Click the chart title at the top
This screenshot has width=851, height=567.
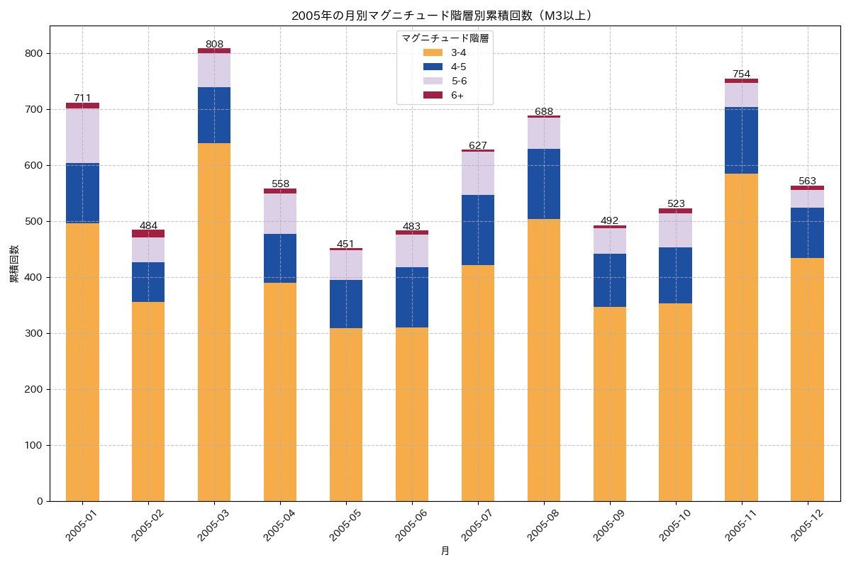(x=445, y=15)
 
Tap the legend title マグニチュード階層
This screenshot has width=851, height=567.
(x=445, y=38)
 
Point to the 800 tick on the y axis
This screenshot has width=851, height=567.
(x=35, y=54)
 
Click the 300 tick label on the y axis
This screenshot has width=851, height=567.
(x=35, y=334)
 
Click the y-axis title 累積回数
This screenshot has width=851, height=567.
(x=14, y=264)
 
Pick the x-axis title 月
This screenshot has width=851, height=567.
(x=445, y=551)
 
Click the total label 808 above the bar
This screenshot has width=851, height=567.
(x=214, y=44)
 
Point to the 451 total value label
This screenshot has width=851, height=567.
(x=345, y=244)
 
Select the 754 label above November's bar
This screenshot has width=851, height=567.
(x=741, y=74)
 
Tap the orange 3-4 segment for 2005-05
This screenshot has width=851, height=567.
(x=346, y=415)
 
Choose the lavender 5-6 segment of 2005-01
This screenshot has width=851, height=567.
(x=82, y=135)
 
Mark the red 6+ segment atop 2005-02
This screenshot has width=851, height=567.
(x=148, y=233)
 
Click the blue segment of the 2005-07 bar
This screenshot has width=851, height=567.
(x=478, y=230)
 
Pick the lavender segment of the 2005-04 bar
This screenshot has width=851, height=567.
(x=280, y=213)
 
